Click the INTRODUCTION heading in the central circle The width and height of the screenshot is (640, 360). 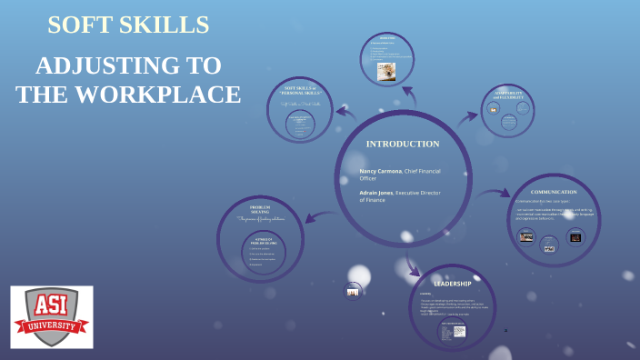pyautogui.click(x=402, y=144)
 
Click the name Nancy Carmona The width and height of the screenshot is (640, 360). pyautogui.click(x=380, y=171)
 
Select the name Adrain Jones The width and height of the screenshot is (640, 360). pyautogui.click(x=376, y=193)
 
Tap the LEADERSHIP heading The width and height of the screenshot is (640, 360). pyautogui.click(x=452, y=284)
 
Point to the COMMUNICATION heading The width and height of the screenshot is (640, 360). pyautogui.click(x=554, y=192)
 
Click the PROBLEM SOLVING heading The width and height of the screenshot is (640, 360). pyautogui.click(x=260, y=210)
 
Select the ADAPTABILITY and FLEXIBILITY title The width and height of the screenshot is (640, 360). pyautogui.click(x=507, y=95)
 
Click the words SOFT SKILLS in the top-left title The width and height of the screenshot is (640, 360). pyautogui.click(x=128, y=25)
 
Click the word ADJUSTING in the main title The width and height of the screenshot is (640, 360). pyautogui.click(x=128, y=65)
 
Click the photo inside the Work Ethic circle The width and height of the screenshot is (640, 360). pyautogui.click(x=386, y=71)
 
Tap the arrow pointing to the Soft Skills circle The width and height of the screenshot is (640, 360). pyautogui.click(x=345, y=112)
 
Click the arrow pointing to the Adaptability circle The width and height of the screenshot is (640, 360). pyautogui.click(x=467, y=116)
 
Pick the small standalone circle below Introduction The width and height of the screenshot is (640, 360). pyautogui.click(x=353, y=291)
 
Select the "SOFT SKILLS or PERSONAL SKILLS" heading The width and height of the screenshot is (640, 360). pyautogui.click(x=300, y=90)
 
